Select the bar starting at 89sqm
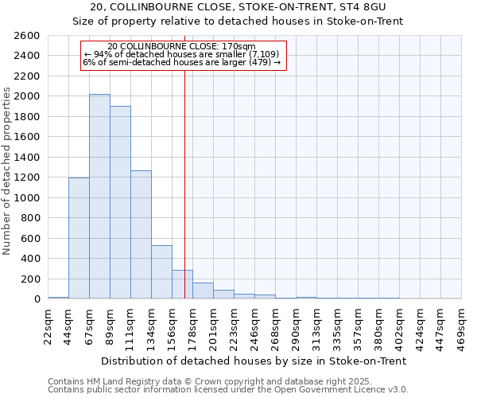120,202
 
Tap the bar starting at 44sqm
79,238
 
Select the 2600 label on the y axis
26,36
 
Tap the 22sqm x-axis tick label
48,326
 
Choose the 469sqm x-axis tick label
462,326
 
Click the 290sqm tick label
296,326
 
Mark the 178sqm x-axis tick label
192,326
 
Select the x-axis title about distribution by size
254,361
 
